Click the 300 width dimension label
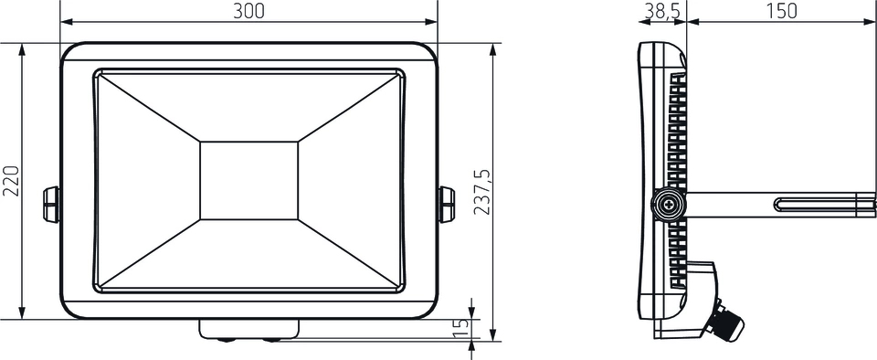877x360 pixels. click(x=248, y=11)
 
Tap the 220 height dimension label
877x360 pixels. click(x=12, y=181)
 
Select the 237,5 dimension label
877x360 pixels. click(x=482, y=192)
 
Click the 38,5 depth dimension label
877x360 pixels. click(x=662, y=11)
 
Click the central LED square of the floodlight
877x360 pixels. click(x=248, y=181)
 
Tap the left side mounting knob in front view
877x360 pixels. click(x=51, y=205)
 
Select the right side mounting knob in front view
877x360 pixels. click(x=447, y=205)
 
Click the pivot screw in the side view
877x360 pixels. click(x=669, y=206)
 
